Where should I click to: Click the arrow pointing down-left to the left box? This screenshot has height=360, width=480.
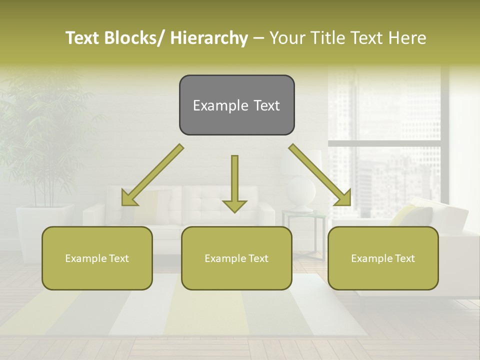coord(152,175)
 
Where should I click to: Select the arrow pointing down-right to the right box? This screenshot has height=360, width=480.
coord(320,175)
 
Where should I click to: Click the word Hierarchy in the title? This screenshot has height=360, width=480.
coord(209,38)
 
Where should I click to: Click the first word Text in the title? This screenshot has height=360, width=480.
coord(82,38)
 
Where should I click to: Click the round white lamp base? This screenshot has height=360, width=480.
coord(301,192)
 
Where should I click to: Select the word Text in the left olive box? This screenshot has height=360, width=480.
coord(117,258)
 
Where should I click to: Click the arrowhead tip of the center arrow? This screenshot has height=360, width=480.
coord(234,211)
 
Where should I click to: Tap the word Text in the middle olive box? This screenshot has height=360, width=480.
coord(257,258)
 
